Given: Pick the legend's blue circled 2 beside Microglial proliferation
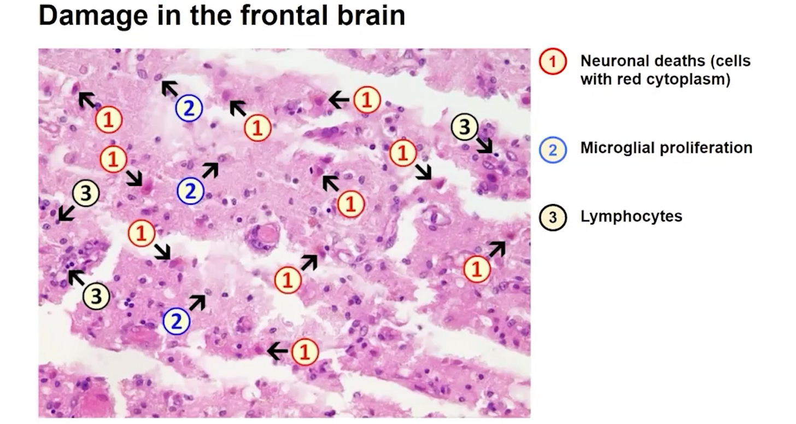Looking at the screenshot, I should tap(553, 149).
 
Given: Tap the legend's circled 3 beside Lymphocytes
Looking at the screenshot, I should tap(553, 217).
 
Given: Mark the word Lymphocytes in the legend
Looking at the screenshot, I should tap(631, 216).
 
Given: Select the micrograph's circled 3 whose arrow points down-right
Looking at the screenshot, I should tap(464, 127).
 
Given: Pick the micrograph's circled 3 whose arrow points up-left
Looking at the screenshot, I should tap(97, 296).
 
